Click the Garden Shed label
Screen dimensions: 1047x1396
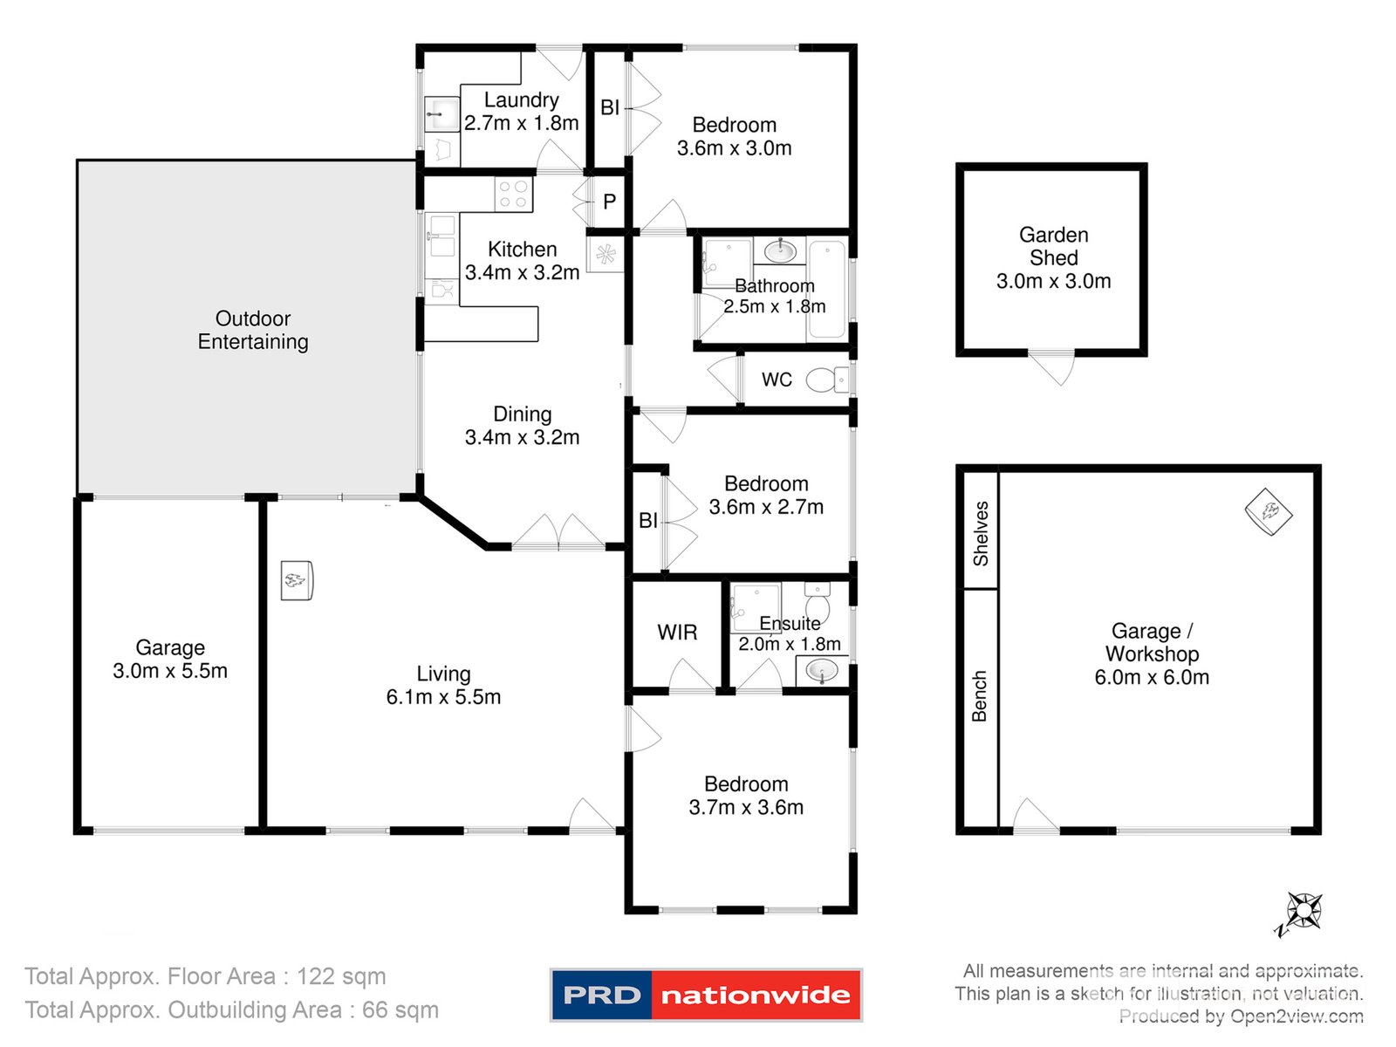pos(1053,246)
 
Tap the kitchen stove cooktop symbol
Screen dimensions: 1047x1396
pos(513,195)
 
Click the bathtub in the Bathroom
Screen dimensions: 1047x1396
pos(826,288)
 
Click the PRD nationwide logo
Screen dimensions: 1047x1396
pos(706,995)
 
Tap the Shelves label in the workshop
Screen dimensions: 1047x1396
pos(981,533)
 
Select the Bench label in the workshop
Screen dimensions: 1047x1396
pos(980,695)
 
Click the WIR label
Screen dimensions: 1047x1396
pos(677,633)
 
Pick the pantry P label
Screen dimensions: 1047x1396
pos(609,202)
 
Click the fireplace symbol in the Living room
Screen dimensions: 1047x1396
pos(297,580)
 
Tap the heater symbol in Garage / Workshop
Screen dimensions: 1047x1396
pos(1268,511)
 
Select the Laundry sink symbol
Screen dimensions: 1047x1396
pos(441,114)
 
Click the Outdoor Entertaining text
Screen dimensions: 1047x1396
pos(253,330)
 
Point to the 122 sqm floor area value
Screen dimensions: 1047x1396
pos(341,976)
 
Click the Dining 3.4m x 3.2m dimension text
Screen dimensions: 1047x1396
pos(522,437)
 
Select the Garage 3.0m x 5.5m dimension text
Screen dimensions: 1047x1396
pos(170,671)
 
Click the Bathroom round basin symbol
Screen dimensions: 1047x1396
pos(779,252)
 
